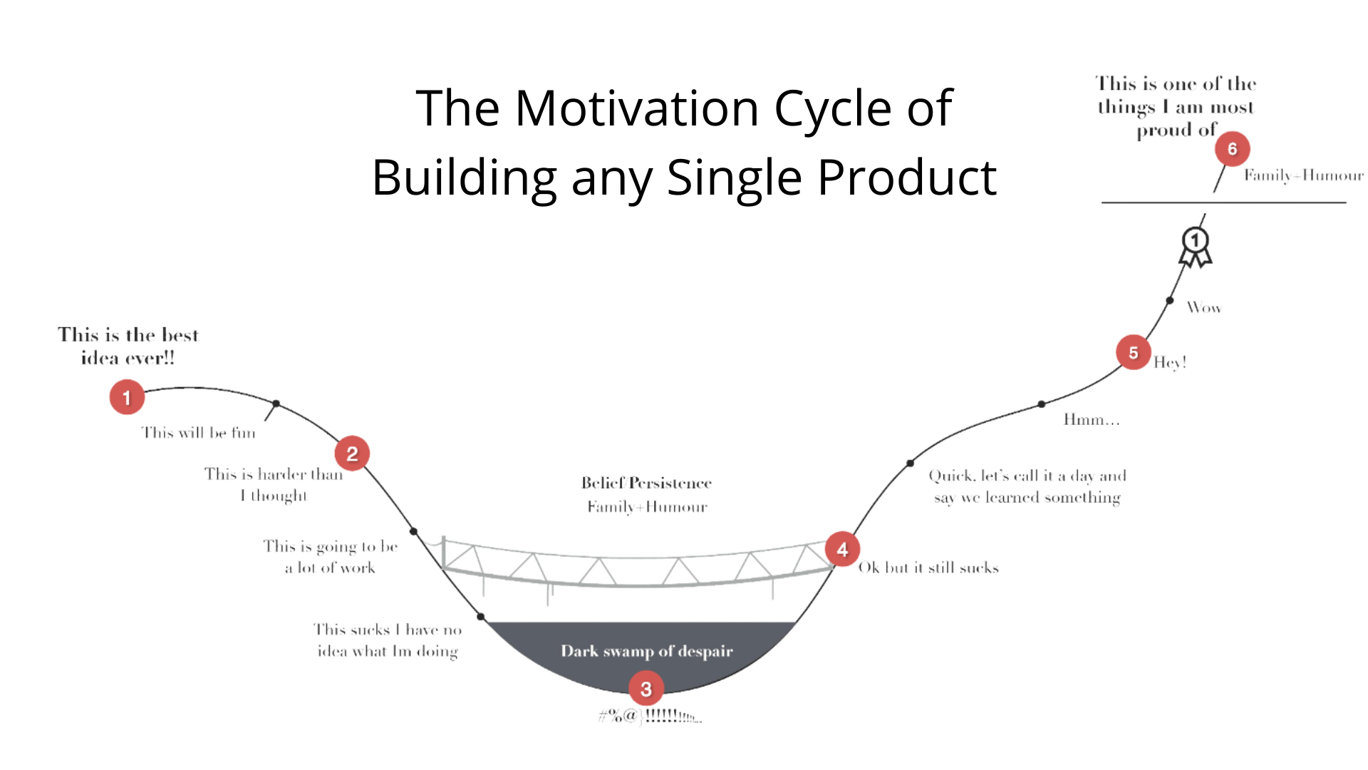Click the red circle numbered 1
127,397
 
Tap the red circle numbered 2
352,453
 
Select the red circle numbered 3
646,689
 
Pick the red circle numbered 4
842,550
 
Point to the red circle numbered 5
1133,352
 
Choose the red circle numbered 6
1232,148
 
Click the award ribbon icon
1196,246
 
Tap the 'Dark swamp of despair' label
646,651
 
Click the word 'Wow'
1203,308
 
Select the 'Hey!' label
1170,362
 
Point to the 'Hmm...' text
1091,420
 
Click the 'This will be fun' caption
198,433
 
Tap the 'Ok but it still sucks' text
928,568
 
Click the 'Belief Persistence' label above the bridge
646,483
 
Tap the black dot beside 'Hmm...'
1042,404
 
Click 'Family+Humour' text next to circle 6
1303,175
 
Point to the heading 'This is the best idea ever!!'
128,346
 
